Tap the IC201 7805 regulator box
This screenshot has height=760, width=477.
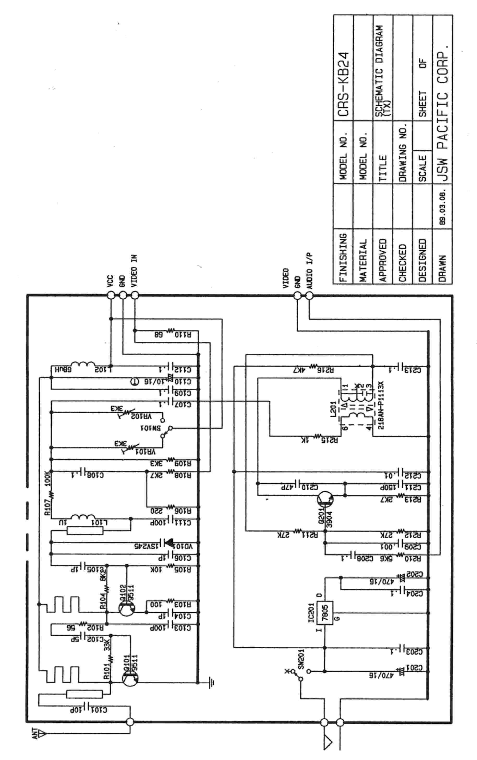(325, 613)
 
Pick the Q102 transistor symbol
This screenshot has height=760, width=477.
(127, 608)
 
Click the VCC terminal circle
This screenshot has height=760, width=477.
(111, 295)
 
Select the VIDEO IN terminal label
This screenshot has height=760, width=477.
(134, 271)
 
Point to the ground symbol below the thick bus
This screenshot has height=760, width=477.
(212, 683)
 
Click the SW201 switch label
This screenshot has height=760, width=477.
(301, 659)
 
